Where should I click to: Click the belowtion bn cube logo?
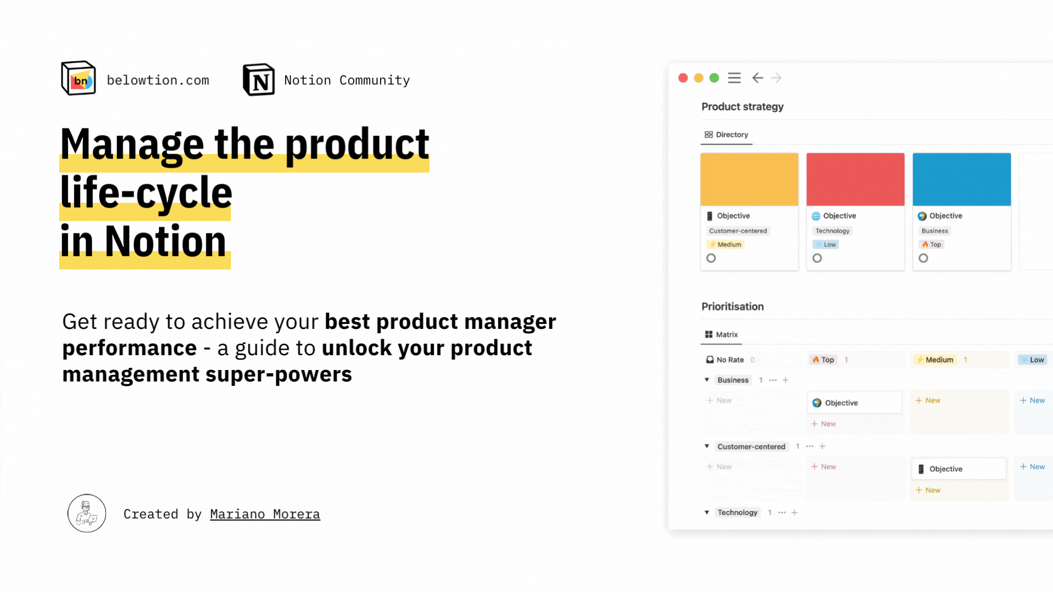(78, 78)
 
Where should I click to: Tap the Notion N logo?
(259, 80)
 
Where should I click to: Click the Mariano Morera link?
(265, 514)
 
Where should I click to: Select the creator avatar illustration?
(87, 514)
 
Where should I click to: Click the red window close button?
(683, 78)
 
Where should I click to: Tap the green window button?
(714, 78)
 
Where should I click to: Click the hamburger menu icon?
(734, 78)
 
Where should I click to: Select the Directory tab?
(726, 135)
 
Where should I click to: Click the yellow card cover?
(749, 180)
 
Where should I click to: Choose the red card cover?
(856, 180)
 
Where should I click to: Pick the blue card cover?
(961, 180)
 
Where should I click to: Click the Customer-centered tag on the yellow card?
(738, 231)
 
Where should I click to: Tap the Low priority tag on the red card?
(826, 244)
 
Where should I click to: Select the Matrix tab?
(721, 334)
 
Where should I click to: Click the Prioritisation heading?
(733, 306)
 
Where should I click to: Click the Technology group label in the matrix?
(738, 513)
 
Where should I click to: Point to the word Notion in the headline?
(165, 241)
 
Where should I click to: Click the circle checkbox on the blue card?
(924, 258)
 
